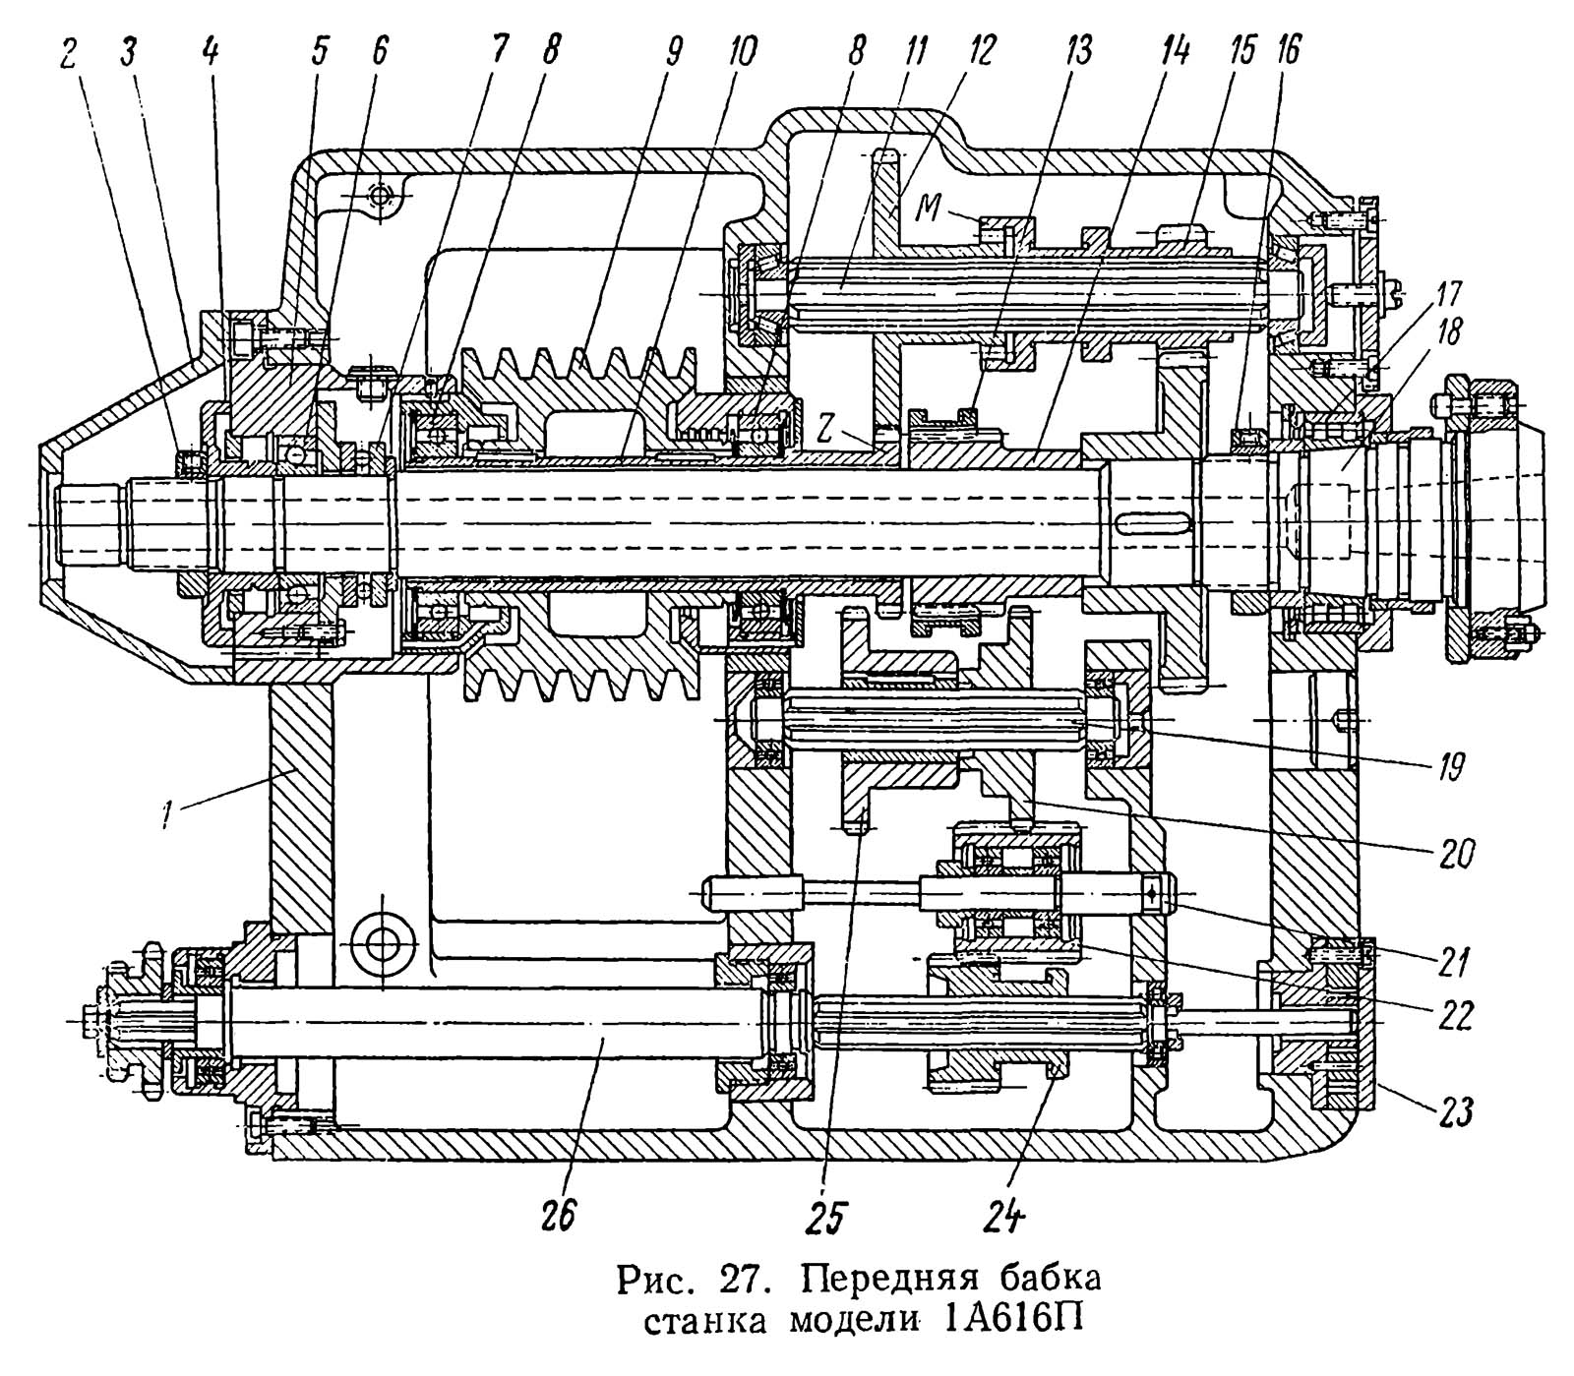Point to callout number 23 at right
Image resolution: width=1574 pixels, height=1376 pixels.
(x=1456, y=1111)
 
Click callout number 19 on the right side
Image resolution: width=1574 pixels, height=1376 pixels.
(x=1451, y=764)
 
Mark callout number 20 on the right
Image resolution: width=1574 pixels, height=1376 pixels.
(x=1454, y=852)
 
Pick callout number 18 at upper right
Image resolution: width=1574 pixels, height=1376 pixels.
(x=1447, y=332)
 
